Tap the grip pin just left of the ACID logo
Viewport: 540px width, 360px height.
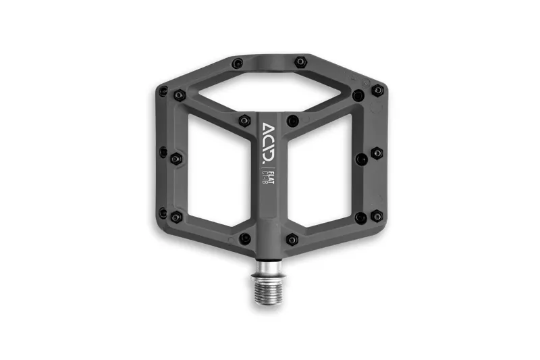tap(244, 121)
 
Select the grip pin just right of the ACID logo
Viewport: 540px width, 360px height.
tap(293, 121)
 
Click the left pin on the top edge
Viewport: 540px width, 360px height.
tap(238, 63)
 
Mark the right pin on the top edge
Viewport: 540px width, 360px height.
tap(300, 62)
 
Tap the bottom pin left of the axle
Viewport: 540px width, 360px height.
tap(245, 238)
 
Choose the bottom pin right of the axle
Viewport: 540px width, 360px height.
tap(292, 239)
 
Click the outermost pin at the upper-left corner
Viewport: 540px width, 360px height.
tap(163, 91)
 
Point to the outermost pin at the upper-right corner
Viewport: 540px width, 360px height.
tap(377, 90)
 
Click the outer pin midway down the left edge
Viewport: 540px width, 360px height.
tap(163, 153)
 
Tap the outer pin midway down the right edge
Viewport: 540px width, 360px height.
tap(377, 153)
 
